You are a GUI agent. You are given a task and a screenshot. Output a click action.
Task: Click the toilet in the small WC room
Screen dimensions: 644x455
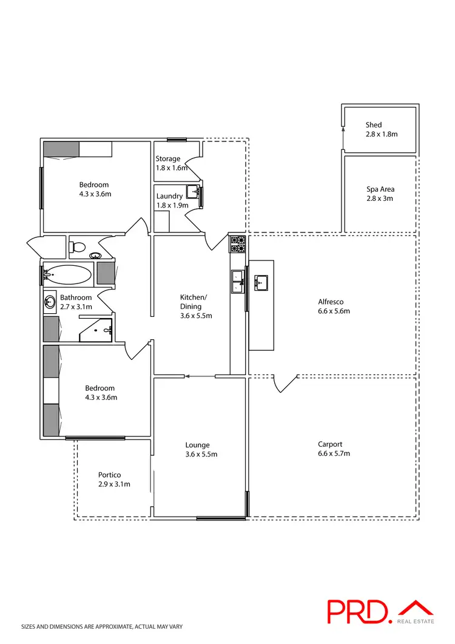point(77,246)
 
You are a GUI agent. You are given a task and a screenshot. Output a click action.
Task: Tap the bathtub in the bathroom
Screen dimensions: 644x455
point(67,275)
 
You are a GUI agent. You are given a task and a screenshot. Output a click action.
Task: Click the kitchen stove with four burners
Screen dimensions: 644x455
point(237,244)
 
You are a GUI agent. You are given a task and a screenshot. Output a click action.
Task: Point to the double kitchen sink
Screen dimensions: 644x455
point(237,281)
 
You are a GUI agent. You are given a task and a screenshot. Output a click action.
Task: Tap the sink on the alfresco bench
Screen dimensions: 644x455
point(261,282)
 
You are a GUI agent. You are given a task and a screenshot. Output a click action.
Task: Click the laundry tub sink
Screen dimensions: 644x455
point(194,192)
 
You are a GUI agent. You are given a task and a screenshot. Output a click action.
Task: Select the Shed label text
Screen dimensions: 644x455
point(374,125)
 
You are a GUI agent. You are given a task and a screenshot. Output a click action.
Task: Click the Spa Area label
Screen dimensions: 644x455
point(380,189)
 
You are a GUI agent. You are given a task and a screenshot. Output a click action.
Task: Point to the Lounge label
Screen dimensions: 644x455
point(198,444)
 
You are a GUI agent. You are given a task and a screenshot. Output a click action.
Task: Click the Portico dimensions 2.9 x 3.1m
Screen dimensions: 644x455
point(114,484)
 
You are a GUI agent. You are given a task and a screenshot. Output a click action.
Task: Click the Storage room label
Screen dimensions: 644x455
point(168,158)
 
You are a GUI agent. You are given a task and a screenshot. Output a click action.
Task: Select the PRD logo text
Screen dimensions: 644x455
point(360,611)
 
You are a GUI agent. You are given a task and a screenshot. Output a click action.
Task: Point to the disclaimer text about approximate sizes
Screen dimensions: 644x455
point(102,626)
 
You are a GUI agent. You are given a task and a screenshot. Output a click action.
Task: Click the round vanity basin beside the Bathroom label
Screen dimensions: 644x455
point(49,302)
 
